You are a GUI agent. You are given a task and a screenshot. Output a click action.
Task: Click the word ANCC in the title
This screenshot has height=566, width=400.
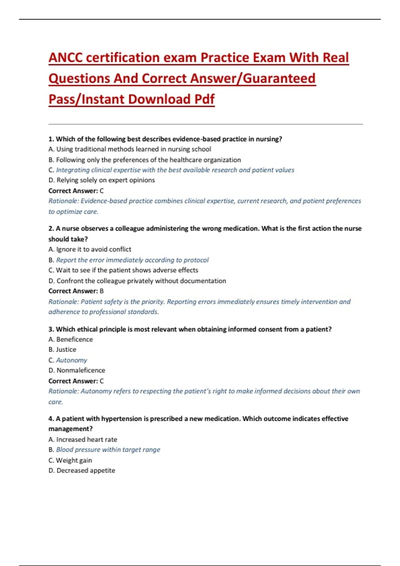point(65,58)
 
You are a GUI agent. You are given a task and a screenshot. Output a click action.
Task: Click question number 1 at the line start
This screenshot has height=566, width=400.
point(51,139)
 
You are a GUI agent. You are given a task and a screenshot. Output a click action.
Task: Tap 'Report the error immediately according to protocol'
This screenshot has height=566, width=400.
point(132,260)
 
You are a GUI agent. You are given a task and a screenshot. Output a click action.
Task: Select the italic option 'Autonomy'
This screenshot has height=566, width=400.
point(71,360)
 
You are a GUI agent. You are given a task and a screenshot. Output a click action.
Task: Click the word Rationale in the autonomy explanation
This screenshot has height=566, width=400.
point(63,391)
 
